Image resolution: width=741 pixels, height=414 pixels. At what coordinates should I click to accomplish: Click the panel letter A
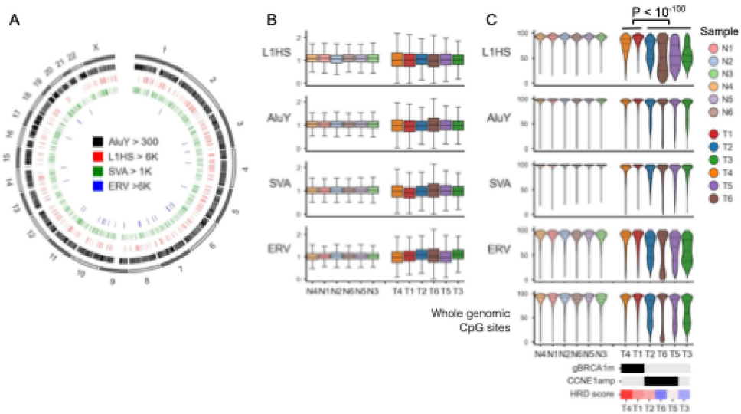click(x=14, y=21)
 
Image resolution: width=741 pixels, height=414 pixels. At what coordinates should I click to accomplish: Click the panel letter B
click(x=272, y=21)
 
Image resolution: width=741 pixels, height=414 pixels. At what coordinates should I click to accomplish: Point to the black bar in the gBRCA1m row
click(x=633, y=369)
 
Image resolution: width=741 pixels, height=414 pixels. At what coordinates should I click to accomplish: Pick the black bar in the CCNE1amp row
click(x=661, y=381)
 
